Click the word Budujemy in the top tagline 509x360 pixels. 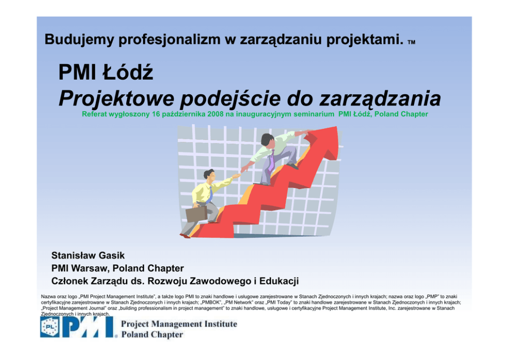pyautogui.click(x=80, y=40)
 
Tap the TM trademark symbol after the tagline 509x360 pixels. pyautogui.click(x=412, y=42)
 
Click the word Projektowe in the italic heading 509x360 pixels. pyautogui.click(x=116, y=99)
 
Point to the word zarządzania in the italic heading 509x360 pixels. pyautogui.click(x=380, y=99)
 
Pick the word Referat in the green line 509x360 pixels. pyautogui.click(x=94, y=114)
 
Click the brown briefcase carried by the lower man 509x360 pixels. pyautogui.click(x=197, y=214)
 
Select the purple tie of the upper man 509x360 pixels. pyautogui.click(x=271, y=161)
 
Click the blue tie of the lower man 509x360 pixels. pyautogui.click(x=210, y=194)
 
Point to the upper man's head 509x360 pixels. pyautogui.click(x=268, y=139)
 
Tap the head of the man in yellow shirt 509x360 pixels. pyautogui.click(x=209, y=175)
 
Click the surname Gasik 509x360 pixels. pyautogui.click(x=111, y=256)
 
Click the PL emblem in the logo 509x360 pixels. pyautogui.click(x=50, y=327)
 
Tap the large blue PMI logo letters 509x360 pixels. pyautogui.click(x=89, y=327)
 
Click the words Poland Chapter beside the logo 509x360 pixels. pyautogui.click(x=152, y=334)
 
